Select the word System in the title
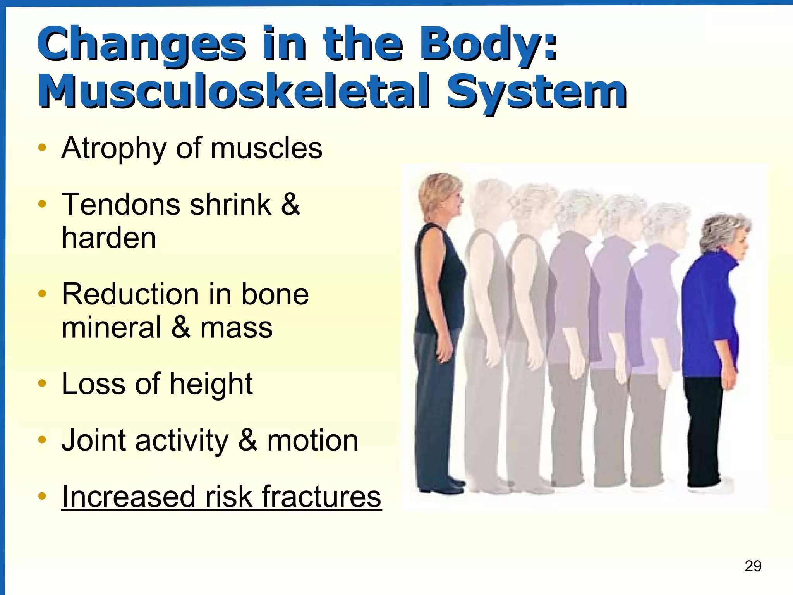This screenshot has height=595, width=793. pos(536,91)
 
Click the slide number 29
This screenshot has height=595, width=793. pos(753,566)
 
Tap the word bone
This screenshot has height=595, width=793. pos(275,294)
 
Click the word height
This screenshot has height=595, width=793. pos(211,384)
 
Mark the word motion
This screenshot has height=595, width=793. pos(313,440)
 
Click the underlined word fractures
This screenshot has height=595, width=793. pos(321,497)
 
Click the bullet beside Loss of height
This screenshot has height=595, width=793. pos(43,383)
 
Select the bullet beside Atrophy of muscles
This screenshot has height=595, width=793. pos(43,148)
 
